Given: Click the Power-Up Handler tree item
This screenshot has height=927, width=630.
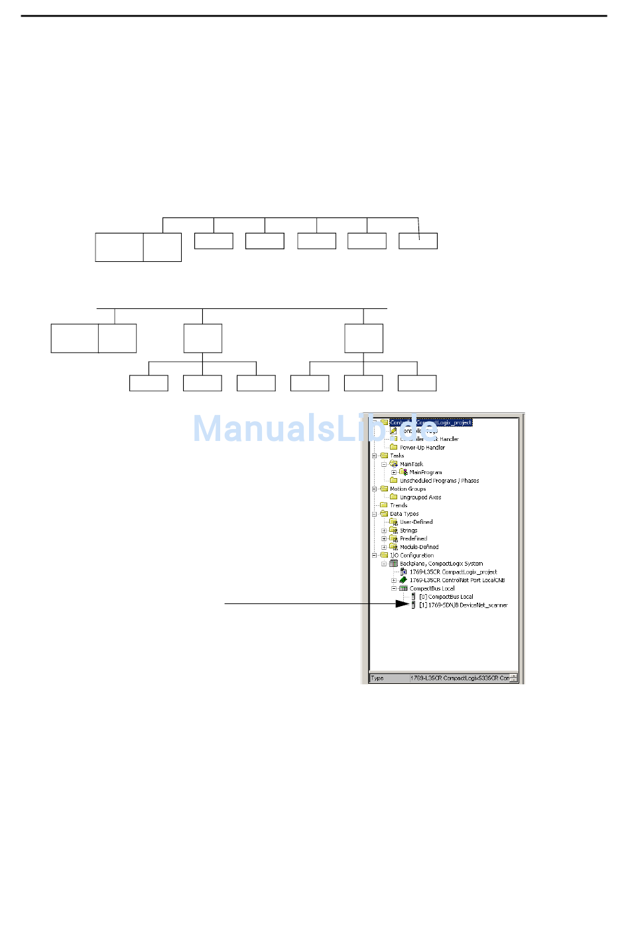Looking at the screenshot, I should click(422, 448).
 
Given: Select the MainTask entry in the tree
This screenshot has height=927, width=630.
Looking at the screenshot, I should click(411, 464).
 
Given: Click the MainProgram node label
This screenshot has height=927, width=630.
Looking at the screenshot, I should click(425, 473).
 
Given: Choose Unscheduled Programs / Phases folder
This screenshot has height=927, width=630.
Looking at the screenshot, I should click(439, 481).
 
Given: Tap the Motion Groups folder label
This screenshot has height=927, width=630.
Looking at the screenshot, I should click(407, 489).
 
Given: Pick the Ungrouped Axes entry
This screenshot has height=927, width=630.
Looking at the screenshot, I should click(420, 497).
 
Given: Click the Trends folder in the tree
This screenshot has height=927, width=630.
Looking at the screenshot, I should click(398, 505).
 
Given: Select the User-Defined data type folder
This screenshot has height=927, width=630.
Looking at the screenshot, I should click(416, 522).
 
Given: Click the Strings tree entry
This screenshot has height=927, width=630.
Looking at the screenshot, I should click(408, 530).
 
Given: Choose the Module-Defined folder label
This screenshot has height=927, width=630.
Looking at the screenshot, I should click(418, 547).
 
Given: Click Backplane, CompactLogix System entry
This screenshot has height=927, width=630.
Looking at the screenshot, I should click(441, 564).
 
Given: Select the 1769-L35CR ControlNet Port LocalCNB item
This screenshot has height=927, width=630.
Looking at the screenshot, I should click(457, 580).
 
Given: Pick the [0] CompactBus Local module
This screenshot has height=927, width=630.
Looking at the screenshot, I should click(446, 597).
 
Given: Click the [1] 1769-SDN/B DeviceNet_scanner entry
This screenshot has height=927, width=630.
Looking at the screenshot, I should click(463, 605).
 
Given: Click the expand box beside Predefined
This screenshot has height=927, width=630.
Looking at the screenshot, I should click(384, 539).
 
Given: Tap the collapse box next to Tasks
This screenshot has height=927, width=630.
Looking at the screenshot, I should click(375, 456).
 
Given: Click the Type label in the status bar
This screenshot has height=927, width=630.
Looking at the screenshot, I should click(377, 678).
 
